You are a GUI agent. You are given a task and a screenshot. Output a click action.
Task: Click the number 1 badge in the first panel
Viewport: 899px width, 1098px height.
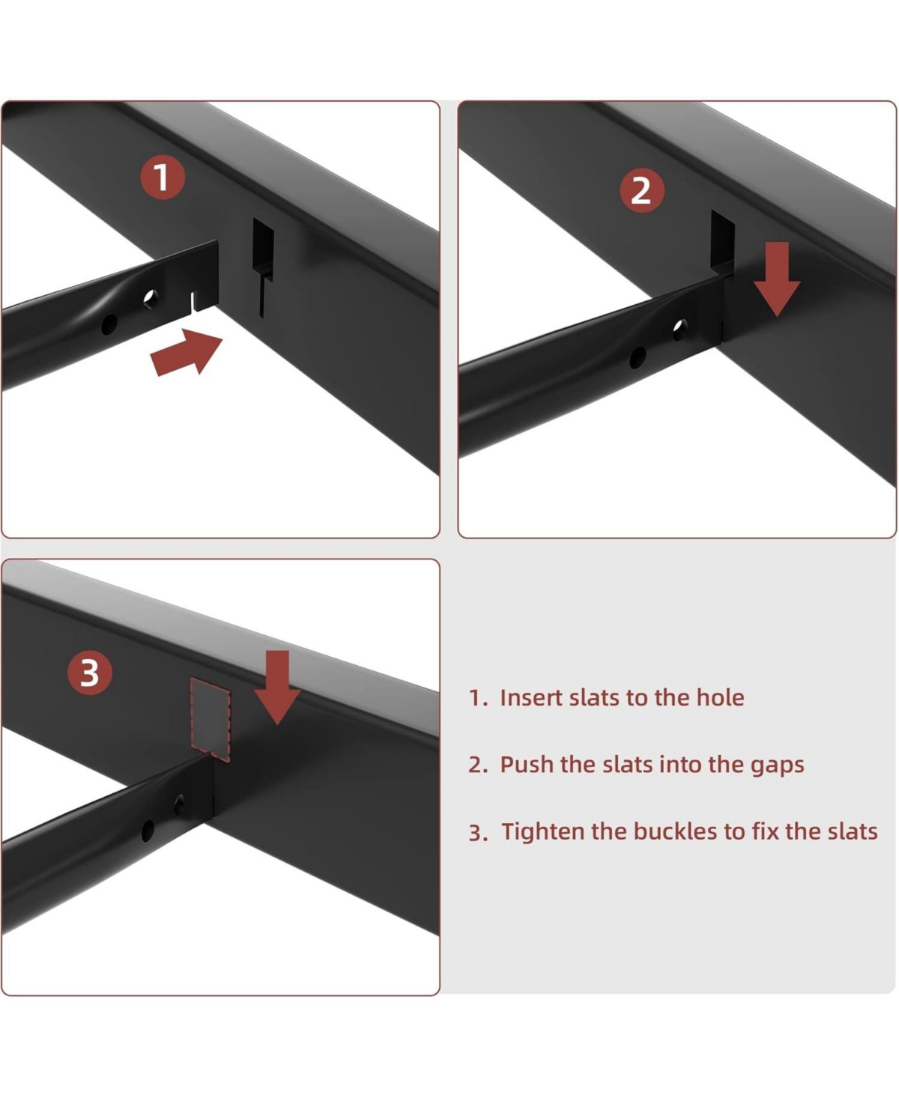click(163, 178)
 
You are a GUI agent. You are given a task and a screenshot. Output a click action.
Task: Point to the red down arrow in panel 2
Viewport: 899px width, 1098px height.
click(777, 278)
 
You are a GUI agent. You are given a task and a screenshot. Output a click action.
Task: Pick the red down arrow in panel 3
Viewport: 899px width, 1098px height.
click(277, 686)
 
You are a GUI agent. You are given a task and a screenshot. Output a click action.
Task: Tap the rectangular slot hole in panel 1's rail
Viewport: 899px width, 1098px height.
click(263, 247)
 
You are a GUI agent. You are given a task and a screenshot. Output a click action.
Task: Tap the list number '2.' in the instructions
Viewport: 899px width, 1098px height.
click(478, 765)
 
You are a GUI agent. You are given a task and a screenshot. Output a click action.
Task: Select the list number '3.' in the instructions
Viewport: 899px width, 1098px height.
click(478, 833)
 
